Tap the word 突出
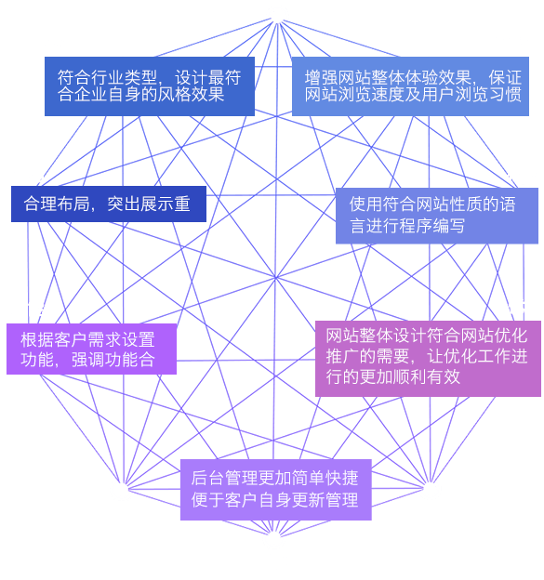point(124,204)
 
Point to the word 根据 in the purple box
point(37,339)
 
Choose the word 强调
point(87,360)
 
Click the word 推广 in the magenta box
point(342,356)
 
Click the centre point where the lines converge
point(275,277)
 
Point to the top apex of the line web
point(277,20)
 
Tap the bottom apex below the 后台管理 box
point(273,535)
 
